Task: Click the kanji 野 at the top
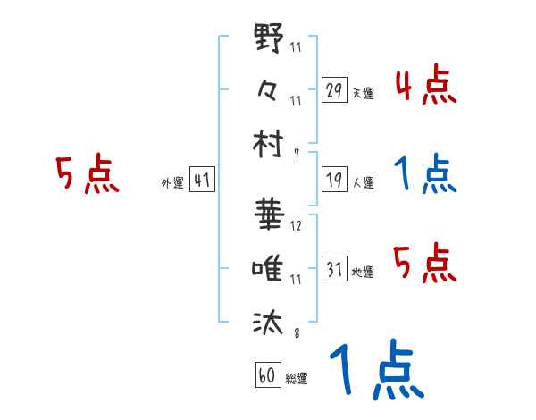269,39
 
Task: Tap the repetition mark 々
269,89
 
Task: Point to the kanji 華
269,216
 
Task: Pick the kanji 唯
269,268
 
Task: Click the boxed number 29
334,90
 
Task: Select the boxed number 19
334,180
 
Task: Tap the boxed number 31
334,269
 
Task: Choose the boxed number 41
202,180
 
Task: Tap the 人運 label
363,182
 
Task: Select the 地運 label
363,272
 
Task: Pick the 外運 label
172,182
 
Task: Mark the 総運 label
297,378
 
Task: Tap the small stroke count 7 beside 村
296,153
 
